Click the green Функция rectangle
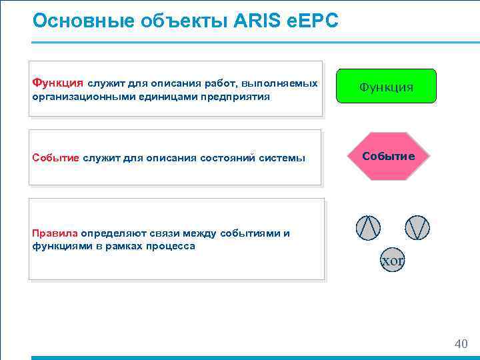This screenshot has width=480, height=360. click(x=386, y=86)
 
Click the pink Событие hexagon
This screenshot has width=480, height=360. click(x=388, y=157)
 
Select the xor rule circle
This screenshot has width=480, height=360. click(x=392, y=261)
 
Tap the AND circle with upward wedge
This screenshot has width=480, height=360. click(x=368, y=228)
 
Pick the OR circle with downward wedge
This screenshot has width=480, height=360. click(x=417, y=228)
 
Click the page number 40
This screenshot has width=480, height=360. click(x=461, y=344)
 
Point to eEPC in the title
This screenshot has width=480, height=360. click(x=314, y=21)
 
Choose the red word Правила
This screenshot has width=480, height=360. click(x=55, y=233)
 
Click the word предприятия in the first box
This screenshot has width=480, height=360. click(x=239, y=97)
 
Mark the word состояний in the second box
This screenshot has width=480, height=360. click(x=227, y=158)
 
